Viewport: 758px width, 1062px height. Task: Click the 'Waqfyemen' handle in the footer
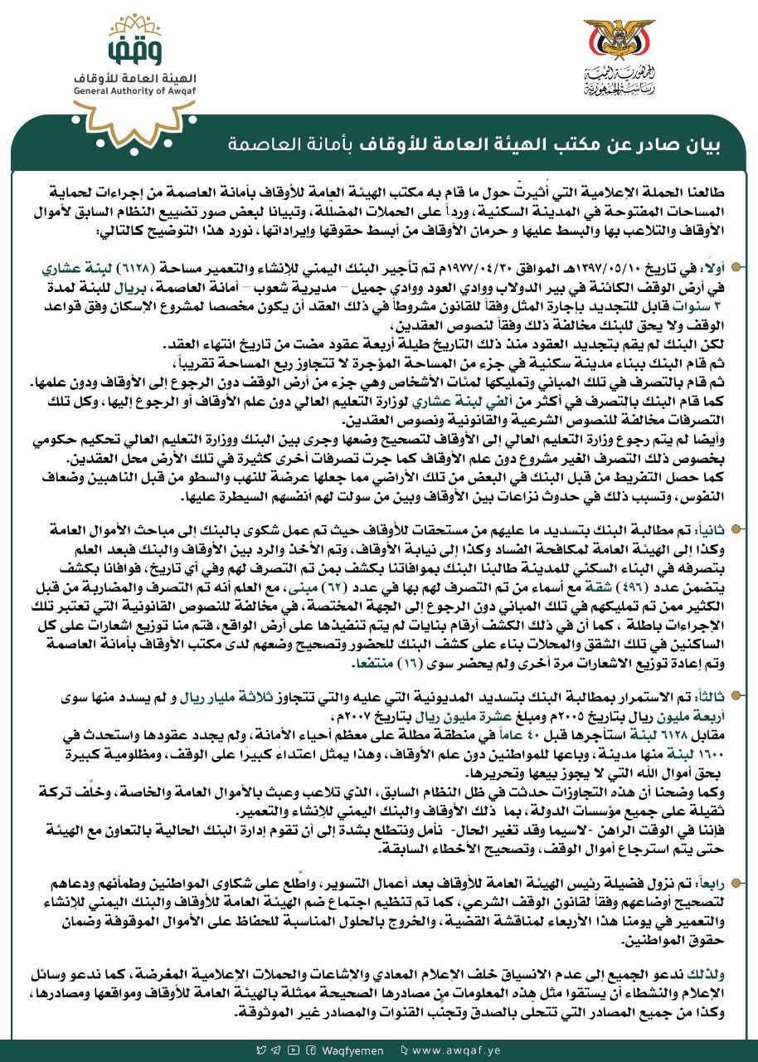(352, 1050)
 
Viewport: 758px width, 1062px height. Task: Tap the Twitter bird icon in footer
(262, 1050)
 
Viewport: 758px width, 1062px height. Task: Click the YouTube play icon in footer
(294, 1050)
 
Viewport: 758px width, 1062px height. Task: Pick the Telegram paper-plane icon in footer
(277, 1050)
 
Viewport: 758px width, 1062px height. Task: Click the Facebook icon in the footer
(310, 1050)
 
